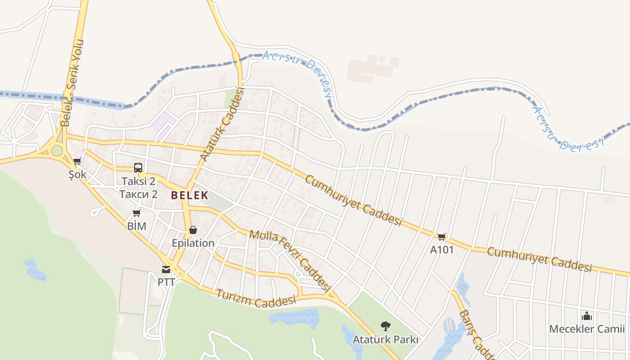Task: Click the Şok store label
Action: (x=77, y=175)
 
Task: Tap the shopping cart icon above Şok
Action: (x=77, y=161)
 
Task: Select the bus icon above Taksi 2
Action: (x=138, y=168)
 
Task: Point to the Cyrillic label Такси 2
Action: (x=139, y=194)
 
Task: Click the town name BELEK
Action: (x=189, y=195)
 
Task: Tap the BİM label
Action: (x=137, y=226)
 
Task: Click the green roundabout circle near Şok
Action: (x=57, y=150)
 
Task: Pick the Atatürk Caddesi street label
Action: (x=221, y=125)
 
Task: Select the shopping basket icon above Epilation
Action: (x=193, y=230)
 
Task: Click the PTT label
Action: (x=166, y=282)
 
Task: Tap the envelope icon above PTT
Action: (x=166, y=270)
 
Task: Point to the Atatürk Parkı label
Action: (x=386, y=339)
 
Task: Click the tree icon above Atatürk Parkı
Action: (x=385, y=326)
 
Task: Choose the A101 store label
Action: (x=442, y=249)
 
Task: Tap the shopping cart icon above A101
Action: (x=442, y=237)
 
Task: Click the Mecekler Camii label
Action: (x=587, y=329)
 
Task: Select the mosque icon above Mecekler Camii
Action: (x=587, y=316)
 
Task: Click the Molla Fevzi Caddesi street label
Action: (x=290, y=259)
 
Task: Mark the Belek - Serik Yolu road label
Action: (x=72, y=83)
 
